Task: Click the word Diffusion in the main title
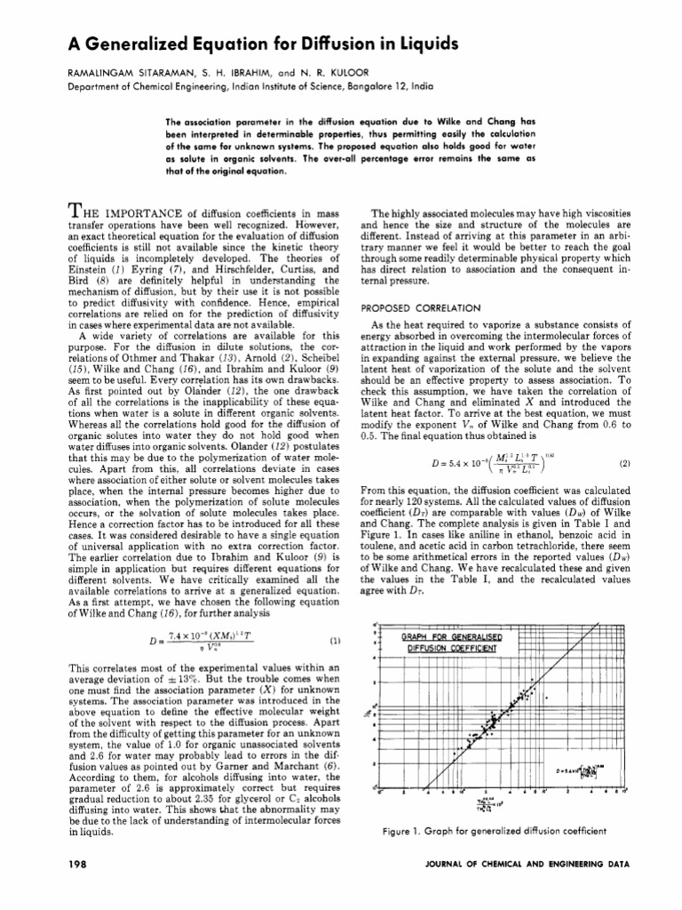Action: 311,43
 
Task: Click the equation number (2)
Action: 625,463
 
